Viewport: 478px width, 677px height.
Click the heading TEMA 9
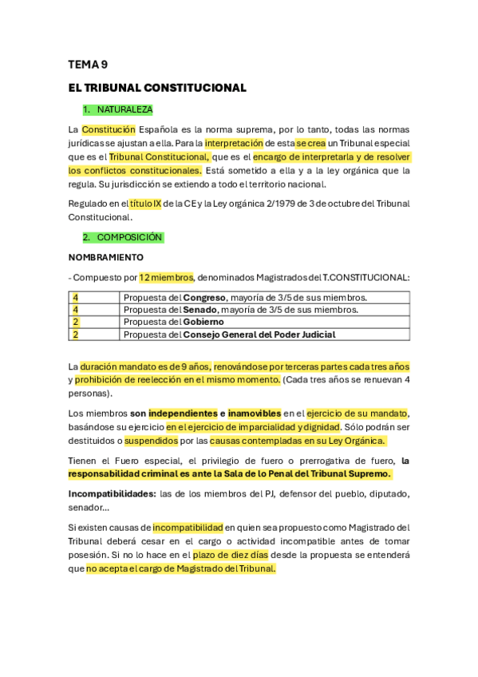(88, 65)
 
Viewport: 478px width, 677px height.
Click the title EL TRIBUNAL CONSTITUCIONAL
(157, 88)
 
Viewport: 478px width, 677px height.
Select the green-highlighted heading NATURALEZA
(124, 109)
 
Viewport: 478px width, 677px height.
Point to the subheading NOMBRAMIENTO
(106, 257)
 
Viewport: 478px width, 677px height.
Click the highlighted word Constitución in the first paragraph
(109, 129)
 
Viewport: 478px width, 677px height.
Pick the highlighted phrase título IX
(145, 204)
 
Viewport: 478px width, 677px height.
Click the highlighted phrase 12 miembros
(166, 278)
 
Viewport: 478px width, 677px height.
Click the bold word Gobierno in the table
(203, 322)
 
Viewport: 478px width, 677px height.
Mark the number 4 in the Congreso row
(76, 298)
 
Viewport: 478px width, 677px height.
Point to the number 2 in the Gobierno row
(76, 322)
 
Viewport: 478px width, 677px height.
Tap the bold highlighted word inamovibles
(255, 413)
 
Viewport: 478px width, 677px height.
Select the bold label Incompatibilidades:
(112, 493)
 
